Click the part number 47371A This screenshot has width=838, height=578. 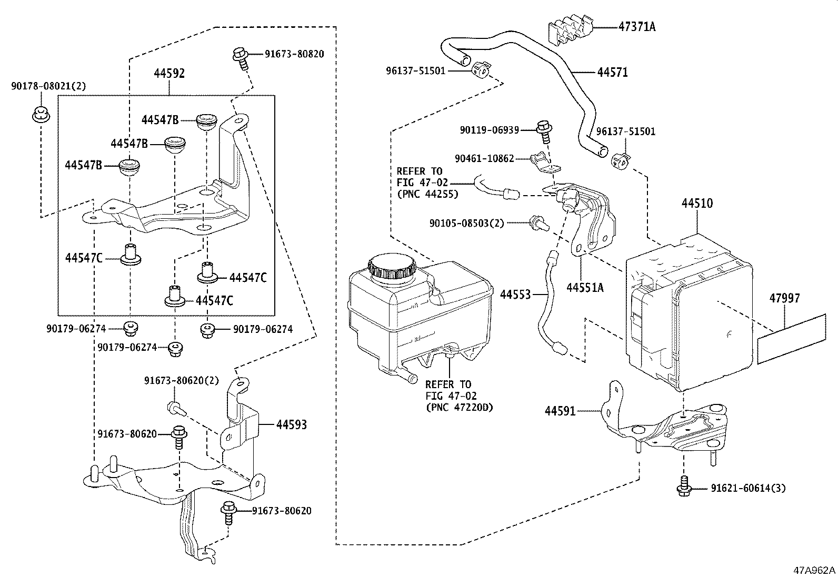point(637,26)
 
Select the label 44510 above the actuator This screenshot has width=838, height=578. point(697,204)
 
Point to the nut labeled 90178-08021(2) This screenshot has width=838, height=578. point(41,114)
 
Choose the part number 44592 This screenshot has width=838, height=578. point(169,73)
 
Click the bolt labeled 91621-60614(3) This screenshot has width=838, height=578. point(684,486)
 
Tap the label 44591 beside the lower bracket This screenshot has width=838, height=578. point(560,411)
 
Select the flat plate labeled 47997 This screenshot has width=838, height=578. point(791,339)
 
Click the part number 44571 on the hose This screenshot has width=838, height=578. point(612,72)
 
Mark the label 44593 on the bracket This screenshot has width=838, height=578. point(292,425)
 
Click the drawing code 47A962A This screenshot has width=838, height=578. point(814,571)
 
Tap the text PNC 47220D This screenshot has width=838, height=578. point(460,407)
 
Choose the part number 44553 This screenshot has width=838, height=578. point(515,295)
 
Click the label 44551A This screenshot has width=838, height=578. point(585,288)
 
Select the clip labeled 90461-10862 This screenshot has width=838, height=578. point(546,162)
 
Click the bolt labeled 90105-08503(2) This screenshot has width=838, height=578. point(538,223)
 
